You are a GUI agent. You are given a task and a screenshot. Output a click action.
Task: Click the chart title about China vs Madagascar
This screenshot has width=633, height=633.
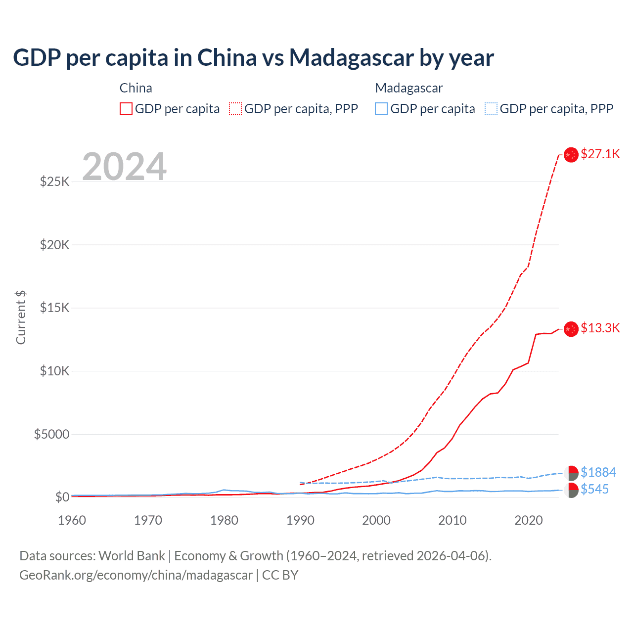point(253,58)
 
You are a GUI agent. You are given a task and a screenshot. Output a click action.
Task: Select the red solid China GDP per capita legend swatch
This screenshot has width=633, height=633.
point(126,109)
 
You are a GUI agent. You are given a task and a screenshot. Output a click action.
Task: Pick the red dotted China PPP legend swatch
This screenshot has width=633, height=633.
point(235,109)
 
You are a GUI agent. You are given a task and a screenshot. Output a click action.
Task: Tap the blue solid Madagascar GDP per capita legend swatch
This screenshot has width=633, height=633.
point(381,109)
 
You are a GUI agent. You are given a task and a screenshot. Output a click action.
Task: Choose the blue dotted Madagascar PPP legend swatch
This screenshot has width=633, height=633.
point(491,109)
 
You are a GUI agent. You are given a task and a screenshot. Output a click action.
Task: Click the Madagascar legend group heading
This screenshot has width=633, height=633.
point(409,88)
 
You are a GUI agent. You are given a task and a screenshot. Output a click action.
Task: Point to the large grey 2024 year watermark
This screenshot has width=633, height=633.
point(124,167)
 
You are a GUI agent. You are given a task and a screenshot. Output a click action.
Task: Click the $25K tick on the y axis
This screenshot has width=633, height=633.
point(55,181)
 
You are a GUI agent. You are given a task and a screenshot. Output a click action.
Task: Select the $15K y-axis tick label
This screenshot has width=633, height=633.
point(55,308)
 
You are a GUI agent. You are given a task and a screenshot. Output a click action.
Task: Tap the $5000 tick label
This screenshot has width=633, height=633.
point(52,434)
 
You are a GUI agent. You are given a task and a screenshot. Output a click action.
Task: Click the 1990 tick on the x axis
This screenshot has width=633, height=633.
point(300,520)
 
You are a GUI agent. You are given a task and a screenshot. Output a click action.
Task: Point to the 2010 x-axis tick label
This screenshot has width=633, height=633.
point(452,520)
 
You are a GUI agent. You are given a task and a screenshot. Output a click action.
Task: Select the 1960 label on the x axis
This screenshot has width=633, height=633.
point(72,520)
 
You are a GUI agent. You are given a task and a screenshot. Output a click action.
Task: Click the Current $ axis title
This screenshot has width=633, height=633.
point(21,317)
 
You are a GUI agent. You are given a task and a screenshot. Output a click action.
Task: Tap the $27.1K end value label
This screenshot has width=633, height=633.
point(600,154)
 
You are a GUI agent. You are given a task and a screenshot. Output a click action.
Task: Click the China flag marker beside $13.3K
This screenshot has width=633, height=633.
point(571,328)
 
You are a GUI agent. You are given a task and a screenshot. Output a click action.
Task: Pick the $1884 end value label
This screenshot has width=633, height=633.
point(598,472)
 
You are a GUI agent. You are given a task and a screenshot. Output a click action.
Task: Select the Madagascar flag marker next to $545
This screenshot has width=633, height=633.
point(571,490)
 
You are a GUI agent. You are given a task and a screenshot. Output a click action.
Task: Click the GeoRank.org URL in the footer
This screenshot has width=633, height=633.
point(136,575)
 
